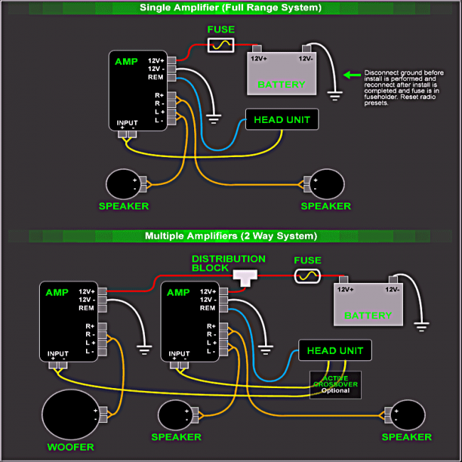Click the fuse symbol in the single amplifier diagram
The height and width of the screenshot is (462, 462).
pyautogui.click(x=220, y=45)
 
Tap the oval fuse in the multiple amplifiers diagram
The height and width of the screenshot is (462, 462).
pyautogui.click(x=307, y=275)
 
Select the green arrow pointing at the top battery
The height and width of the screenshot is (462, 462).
pyautogui.click(x=350, y=74)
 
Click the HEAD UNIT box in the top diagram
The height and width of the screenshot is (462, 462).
pyautogui.click(x=281, y=119)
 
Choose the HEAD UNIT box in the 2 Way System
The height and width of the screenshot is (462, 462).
pyautogui.click(x=335, y=350)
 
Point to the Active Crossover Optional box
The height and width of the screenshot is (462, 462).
pyautogui.click(x=335, y=385)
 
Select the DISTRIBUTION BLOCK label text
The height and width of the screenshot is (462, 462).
pyautogui.click(x=228, y=263)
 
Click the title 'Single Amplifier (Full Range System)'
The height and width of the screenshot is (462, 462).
pyautogui.click(x=230, y=8)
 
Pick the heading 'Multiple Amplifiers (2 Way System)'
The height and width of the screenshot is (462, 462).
pyautogui.click(x=231, y=236)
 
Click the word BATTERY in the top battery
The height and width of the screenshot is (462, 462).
pyautogui.click(x=281, y=85)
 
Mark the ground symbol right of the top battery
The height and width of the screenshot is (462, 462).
pyautogui.click(x=331, y=92)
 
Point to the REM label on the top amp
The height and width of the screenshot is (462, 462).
pyautogui.click(x=156, y=77)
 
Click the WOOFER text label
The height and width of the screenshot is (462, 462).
pyautogui.click(x=70, y=447)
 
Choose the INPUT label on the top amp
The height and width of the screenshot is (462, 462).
pyautogui.click(x=127, y=122)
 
